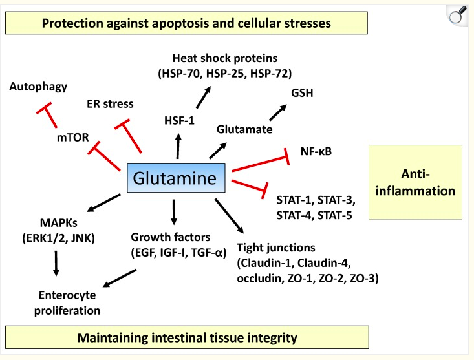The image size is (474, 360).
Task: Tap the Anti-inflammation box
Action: coord(415,182)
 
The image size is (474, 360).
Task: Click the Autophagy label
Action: coord(38,86)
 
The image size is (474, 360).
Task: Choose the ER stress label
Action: coord(110,103)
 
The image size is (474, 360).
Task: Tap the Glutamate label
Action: coord(244,129)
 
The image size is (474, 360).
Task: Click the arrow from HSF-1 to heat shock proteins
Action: coord(202,98)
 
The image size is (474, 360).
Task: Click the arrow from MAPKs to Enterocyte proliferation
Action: coord(56,264)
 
